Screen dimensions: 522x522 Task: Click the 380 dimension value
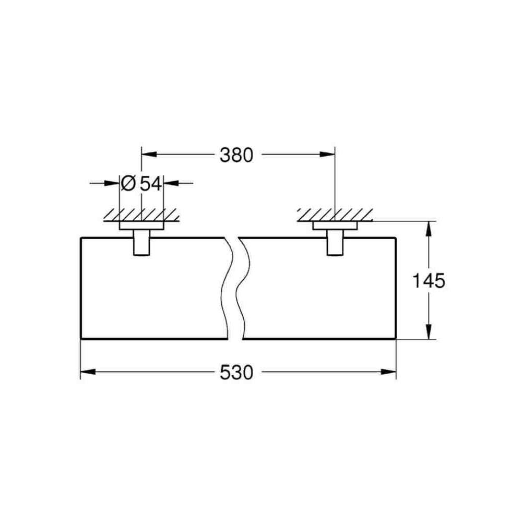tap(236, 155)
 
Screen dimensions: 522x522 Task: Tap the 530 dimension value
tap(236, 373)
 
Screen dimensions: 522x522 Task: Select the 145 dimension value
tap(429, 280)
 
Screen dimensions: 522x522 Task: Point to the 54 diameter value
tap(151, 184)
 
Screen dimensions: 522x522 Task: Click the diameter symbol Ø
tap(128, 183)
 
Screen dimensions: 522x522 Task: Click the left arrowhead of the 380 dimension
tap(149, 155)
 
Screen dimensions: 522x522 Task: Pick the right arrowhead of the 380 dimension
tap(327, 155)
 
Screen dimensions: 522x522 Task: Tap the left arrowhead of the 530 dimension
tap(88, 372)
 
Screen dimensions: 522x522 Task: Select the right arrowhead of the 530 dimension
tap(388, 372)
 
